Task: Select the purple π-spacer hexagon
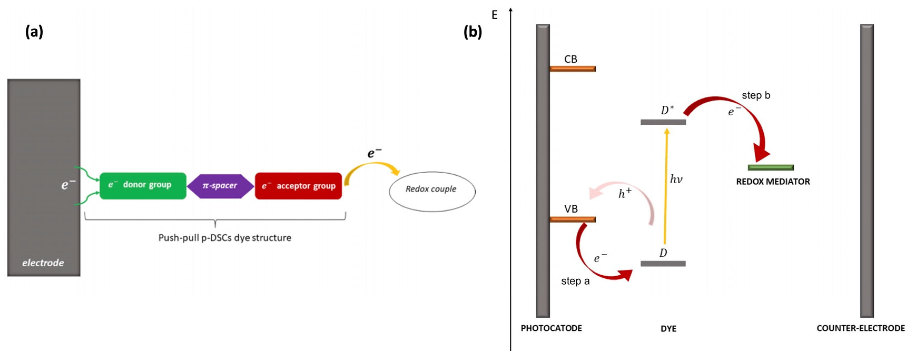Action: (220, 186)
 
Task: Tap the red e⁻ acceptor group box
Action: (298, 186)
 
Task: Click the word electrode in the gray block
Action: (43, 263)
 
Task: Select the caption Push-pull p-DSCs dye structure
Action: (225, 238)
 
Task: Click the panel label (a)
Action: (34, 32)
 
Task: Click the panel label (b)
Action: (472, 32)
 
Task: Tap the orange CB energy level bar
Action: (572, 69)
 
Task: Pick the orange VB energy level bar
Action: (572, 219)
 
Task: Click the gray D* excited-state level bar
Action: (663, 122)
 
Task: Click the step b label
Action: (756, 95)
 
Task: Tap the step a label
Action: (575, 281)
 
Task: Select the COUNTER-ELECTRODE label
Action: (860, 328)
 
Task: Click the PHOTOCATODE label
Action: (551, 328)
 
